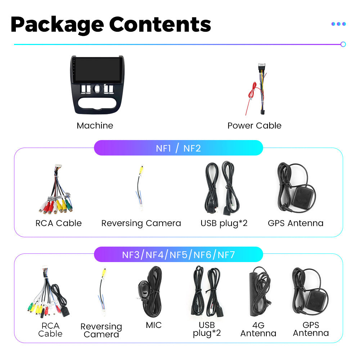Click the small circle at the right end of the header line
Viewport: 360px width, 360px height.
click(343, 44)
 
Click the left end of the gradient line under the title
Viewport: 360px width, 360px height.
click(14, 44)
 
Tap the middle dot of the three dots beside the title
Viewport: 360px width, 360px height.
click(339, 24)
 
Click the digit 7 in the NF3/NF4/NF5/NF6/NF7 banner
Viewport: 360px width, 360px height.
click(232, 255)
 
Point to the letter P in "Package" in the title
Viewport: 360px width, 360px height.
click(17, 24)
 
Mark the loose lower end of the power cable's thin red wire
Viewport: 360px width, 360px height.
click(246, 114)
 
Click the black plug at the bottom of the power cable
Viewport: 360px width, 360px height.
click(263, 112)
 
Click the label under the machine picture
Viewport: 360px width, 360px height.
click(95, 126)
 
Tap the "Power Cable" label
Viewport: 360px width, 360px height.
click(255, 126)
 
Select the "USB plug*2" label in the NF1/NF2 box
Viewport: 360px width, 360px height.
click(224, 224)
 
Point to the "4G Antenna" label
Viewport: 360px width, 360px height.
click(258, 329)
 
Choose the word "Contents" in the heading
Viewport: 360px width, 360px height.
click(160, 24)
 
